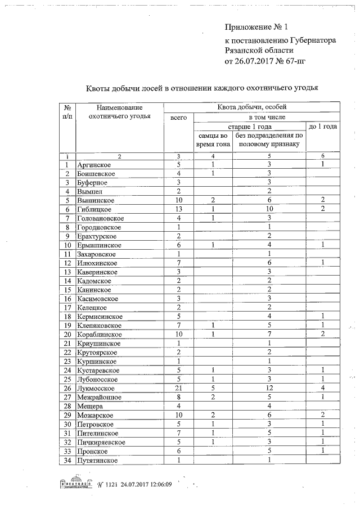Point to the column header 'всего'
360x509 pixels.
tap(178, 118)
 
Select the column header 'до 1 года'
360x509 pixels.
tap(323, 127)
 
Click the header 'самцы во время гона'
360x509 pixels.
tap(213, 140)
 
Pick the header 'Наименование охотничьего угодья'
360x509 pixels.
tap(119, 112)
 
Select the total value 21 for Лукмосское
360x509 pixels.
tap(178, 388)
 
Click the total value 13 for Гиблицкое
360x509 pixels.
tap(178, 209)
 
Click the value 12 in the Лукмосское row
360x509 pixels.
tap(269, 388)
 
